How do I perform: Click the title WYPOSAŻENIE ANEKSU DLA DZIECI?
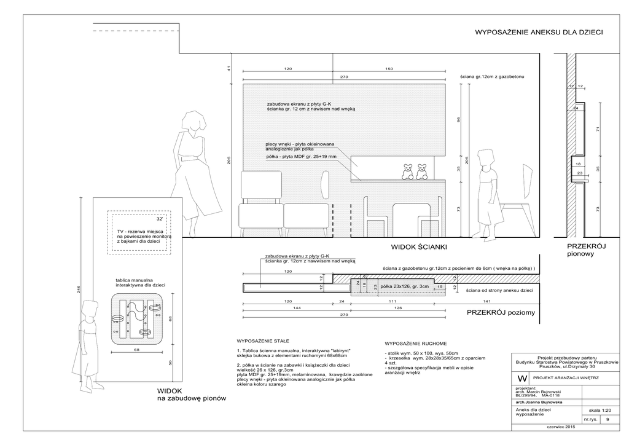tap(539, 32)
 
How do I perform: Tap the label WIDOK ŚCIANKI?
tap(418, 247)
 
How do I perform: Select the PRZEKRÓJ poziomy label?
tap(501, 313)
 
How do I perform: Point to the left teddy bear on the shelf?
tap(407, 171)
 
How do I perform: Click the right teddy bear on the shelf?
tap(421, 171)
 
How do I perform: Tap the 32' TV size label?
tap(160, 219)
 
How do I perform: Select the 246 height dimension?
tap(79, 291)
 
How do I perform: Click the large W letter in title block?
tap(522, 378)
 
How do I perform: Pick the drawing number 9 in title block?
tap(608, 419)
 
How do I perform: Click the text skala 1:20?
tap(600, 409)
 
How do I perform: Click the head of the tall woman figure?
tap(195, 122)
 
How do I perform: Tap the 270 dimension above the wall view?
tap(344, 77)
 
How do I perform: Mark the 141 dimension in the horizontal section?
tap(487, 301)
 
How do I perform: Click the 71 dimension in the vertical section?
tap(598, 130)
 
